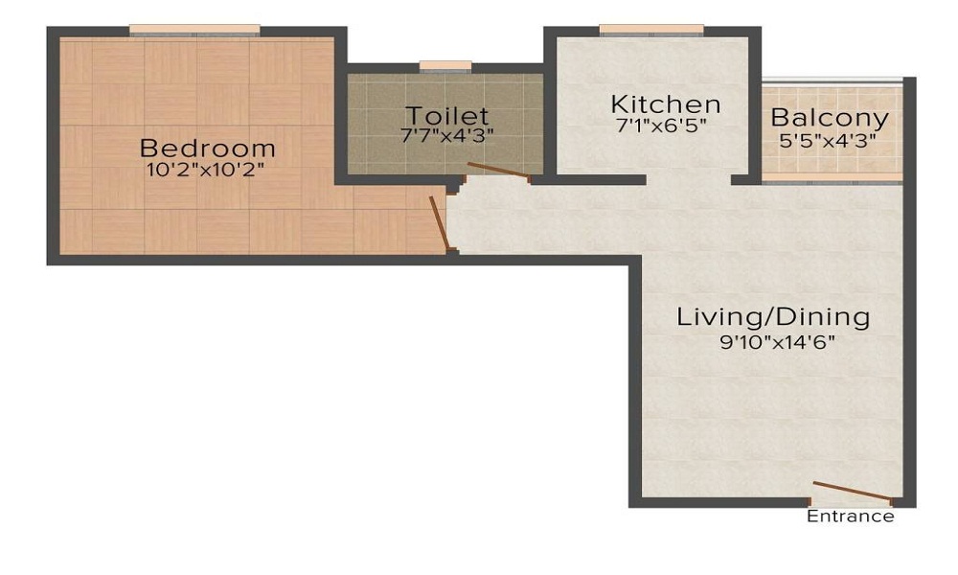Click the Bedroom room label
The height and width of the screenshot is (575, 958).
pos(208,149)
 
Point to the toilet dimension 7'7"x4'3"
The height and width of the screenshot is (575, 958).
pos(446,135)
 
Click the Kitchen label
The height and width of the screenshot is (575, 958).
pos(666,103)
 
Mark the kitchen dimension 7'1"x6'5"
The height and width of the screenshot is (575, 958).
pos(666,124)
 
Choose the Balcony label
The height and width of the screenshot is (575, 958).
pos(830,119)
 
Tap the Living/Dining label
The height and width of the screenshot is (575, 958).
pos(773,316)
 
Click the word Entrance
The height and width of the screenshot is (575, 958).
pos(851,517)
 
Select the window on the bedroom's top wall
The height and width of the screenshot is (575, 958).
pos(195,31)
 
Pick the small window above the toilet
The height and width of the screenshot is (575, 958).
pos(445,66)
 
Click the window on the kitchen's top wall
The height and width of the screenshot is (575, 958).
pos(651,30)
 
